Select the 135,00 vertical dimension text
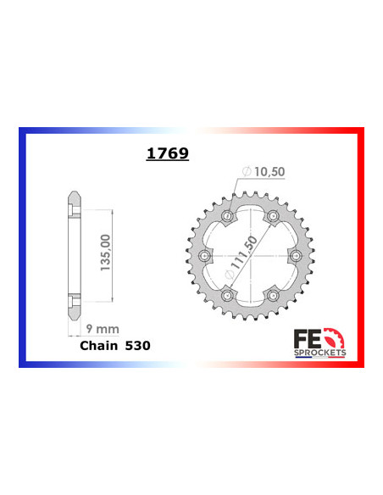[103, 253]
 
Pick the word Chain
[99, 347]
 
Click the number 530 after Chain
[143, 347]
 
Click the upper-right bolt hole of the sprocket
[272, 219]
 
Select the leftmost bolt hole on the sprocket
[204, 257]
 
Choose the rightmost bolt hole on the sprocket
[295, 257]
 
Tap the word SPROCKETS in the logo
[325, 348]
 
